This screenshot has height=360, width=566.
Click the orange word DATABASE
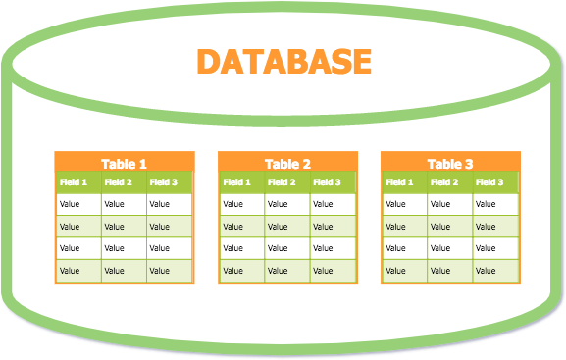coord(284,61)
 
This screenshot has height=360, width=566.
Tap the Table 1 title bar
coord(124,164)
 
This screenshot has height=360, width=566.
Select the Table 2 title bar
coord(287,164)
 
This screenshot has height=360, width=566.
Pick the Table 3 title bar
coord(450,164)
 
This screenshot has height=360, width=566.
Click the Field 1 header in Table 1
coord(74,182)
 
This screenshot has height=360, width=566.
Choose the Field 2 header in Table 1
coord(119,182)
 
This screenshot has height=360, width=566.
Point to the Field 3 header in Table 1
coord(163,182)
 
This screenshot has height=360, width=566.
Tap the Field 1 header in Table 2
coord(236,182)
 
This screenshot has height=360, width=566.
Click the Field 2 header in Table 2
coord(282,182)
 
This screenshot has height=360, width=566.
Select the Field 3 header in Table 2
coord(326,182)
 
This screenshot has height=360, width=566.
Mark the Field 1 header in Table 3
coord(399,182)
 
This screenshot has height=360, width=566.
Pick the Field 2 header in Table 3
coord(444,182)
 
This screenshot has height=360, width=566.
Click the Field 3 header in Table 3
coord(489,182)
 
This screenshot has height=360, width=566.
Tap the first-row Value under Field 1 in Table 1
coord(70,205)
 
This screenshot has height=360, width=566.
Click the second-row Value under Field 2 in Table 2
coord(278,227)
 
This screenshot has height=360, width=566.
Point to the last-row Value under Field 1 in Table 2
coord(232,271)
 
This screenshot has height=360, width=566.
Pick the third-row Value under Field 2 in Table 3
coord(440,249)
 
